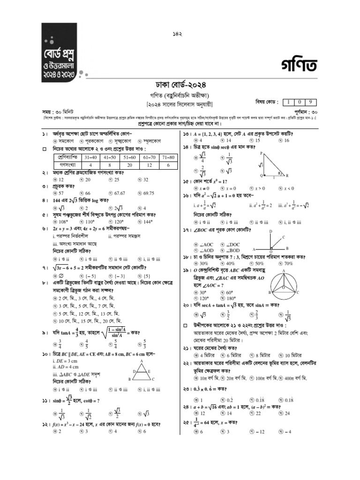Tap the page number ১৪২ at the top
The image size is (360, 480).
(x=180, y=34)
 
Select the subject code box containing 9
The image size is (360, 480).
(x=310, y=102)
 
